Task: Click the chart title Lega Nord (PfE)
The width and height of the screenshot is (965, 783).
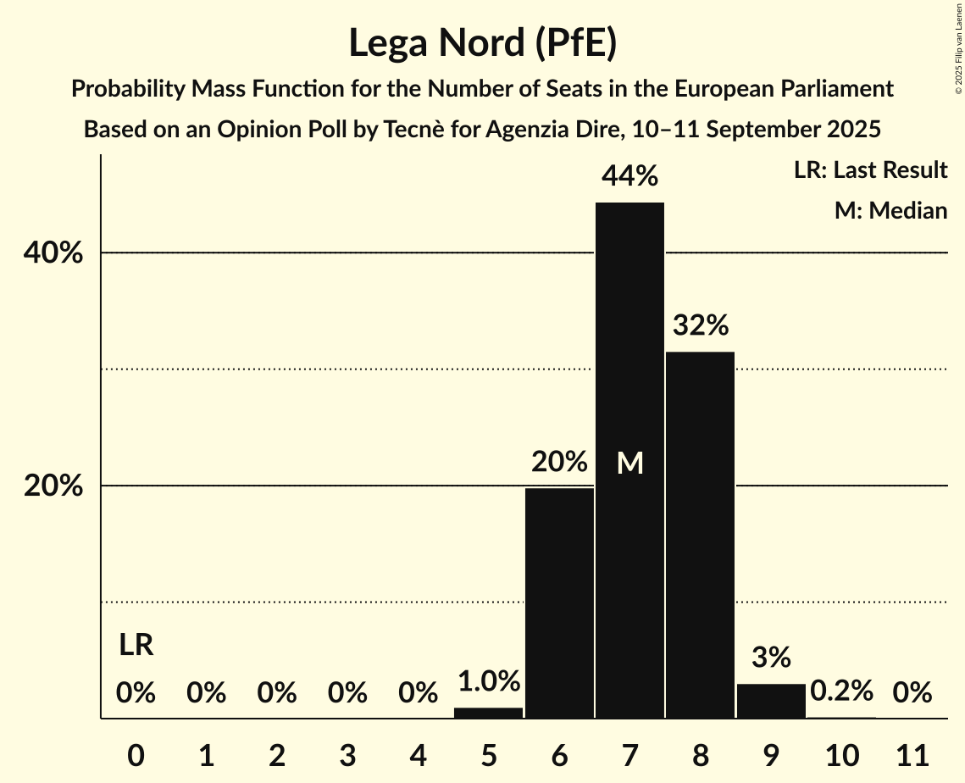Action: pyautogui.click(x=482, y=43)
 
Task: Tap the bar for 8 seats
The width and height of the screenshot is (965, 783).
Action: pyautogui.click(x=700, y=534)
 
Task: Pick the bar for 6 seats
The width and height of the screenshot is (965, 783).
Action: pyautogui.click(x=559, y=603)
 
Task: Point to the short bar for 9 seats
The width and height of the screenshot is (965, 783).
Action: pyautogui.click(x=771, y=701)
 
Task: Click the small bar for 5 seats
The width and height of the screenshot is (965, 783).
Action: pyautogui.click(x=489, y=713)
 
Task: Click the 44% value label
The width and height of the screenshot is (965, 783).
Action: pyautogui.click(x=629, y=176)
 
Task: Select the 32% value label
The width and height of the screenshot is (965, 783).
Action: pyautogui.click(x=701, y=325)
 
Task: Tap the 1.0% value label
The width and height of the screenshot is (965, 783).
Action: pyautogui.click(x=489, y=681)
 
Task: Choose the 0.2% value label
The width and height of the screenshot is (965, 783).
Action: pyautogui.click(x=841, y=691)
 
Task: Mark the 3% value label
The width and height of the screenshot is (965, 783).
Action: pyautogui.click(x=771, y=657)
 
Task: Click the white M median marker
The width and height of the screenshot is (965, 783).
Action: pyautogui.click(x=629, y=463)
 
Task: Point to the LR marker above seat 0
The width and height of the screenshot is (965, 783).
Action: pyautogui.click(x=136, y=645)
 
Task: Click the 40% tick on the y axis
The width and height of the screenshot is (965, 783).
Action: pyautogui.click(x=58, y=253)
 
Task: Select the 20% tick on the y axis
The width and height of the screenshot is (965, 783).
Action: pyautogui.click(x=58, y=486)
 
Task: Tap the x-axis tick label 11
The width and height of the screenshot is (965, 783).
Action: pyautogui.click(x=912, y=753)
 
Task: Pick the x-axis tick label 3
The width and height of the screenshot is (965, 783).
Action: pyautogui.click(x=347, y=753)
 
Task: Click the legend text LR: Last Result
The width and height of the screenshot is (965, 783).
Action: pyautogui.click(x=870, y=170)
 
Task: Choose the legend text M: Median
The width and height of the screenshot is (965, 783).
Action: pyautogui.click(x=890, y=210)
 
